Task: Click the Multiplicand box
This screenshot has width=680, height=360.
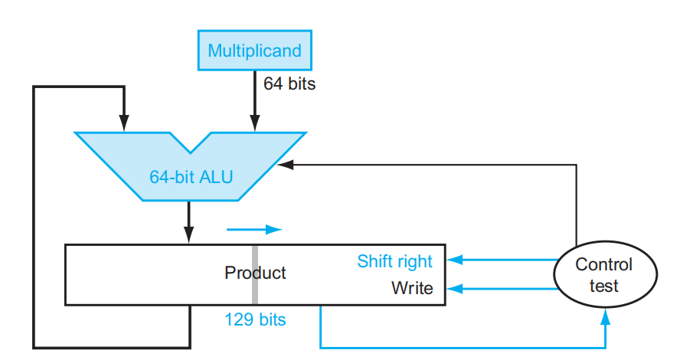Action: pos(254,51)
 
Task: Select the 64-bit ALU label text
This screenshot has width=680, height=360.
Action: pos(191,178)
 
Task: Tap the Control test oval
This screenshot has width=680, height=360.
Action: pos(604,276)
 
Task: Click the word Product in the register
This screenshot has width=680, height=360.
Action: pos(255,273)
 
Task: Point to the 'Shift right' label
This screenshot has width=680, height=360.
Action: pos(394,261)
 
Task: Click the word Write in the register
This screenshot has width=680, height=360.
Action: pos(412,289)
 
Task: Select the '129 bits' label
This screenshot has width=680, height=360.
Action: pos(255,319)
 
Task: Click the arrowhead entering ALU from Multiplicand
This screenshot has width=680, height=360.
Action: pos(255,124)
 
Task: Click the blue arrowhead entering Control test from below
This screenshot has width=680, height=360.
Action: pos(605,316)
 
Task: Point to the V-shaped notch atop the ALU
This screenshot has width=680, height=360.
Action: pos(189,142)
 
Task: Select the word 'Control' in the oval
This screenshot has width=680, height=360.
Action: pos(604,265)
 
